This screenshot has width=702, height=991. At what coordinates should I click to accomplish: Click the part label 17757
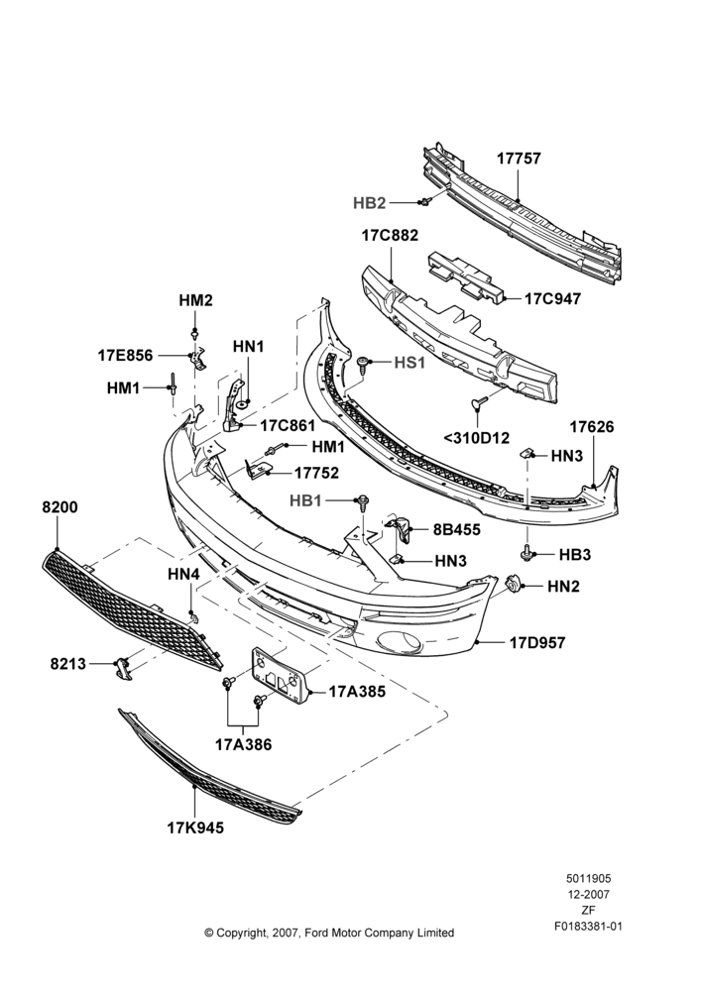click(x=519, y=158)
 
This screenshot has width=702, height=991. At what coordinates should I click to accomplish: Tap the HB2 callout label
click(x=369, y=203)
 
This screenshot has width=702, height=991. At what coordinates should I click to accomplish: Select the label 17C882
click(x=390, y=236)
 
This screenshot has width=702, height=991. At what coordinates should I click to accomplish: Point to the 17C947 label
click(x=552, y=298)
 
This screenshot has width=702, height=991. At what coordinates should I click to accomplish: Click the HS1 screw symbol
click(x=362, y=362)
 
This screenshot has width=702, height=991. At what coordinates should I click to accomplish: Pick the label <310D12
click(x=476, y=437)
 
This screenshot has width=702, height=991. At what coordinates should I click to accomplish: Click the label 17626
click(x=591, y=427)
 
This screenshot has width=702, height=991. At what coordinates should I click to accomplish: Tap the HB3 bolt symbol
click(x=526, y=553)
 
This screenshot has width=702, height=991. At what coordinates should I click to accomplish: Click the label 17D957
click(x=537, y=643)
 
